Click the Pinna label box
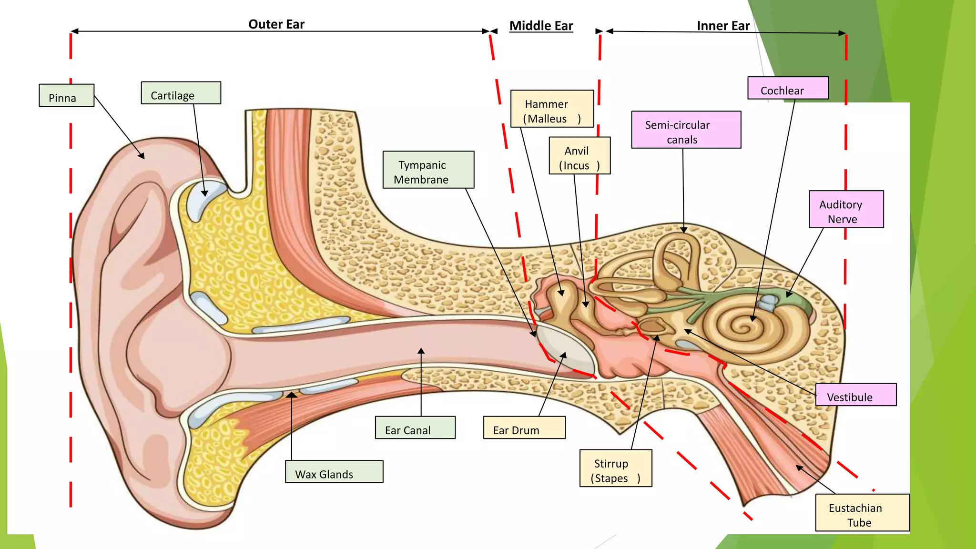tap(66, 95)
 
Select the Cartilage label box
tap(181, 93)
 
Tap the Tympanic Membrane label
tap(428, 170)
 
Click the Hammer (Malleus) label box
tap(552, 109)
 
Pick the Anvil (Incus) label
tap(579, 156)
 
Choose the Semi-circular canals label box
tap(686, 130)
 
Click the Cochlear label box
tap(787, 88)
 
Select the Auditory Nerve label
tap(846, 210)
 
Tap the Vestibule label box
tap(855, 395)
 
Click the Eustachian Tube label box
tap(862, 513)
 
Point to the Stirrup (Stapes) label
tap(615, 468)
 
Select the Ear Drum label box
tap(524, 427)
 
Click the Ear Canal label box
tap(415, 427)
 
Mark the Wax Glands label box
tap(334, 472)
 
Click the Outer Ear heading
tap(276, 24)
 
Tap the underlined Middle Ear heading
tap(541, 26)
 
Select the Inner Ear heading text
tap(723, 26)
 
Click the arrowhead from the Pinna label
tap(142, 157)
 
